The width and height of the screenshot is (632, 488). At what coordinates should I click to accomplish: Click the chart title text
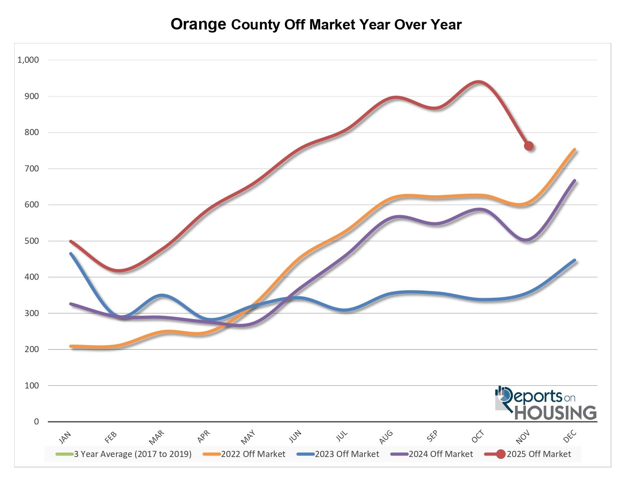coord(316,24)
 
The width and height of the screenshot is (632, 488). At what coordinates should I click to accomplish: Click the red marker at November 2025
coord(529,146)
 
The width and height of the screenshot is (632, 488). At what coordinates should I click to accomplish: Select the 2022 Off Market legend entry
coord(253,454)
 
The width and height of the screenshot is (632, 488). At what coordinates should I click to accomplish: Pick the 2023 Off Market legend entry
coord(347,454)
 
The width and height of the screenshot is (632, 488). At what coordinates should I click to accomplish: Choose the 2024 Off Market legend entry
coord(440,454)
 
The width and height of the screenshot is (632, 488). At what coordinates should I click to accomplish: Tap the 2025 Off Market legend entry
coord(539,454)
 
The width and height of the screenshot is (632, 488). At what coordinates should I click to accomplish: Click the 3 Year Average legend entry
coord(133,454)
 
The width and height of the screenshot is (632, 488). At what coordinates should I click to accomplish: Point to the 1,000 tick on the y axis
coord(28,60)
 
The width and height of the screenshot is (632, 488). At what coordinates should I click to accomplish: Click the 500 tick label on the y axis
coord(32,241)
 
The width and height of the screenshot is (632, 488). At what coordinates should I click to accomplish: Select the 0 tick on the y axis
coord(36,421)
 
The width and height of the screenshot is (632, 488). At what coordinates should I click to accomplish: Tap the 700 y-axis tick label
coord(32,168)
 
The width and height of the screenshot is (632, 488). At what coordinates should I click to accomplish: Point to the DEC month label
coord(570,436)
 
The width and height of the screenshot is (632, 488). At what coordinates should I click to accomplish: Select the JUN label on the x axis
coord(295,436)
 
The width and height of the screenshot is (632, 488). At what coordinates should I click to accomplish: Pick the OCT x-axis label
coord(478,437)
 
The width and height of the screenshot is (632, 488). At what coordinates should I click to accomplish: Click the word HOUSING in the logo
coord(555,413)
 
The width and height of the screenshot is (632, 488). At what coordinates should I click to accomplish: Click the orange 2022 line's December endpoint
coord(575,150)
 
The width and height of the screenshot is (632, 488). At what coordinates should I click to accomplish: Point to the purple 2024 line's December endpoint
coord(575,181)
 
